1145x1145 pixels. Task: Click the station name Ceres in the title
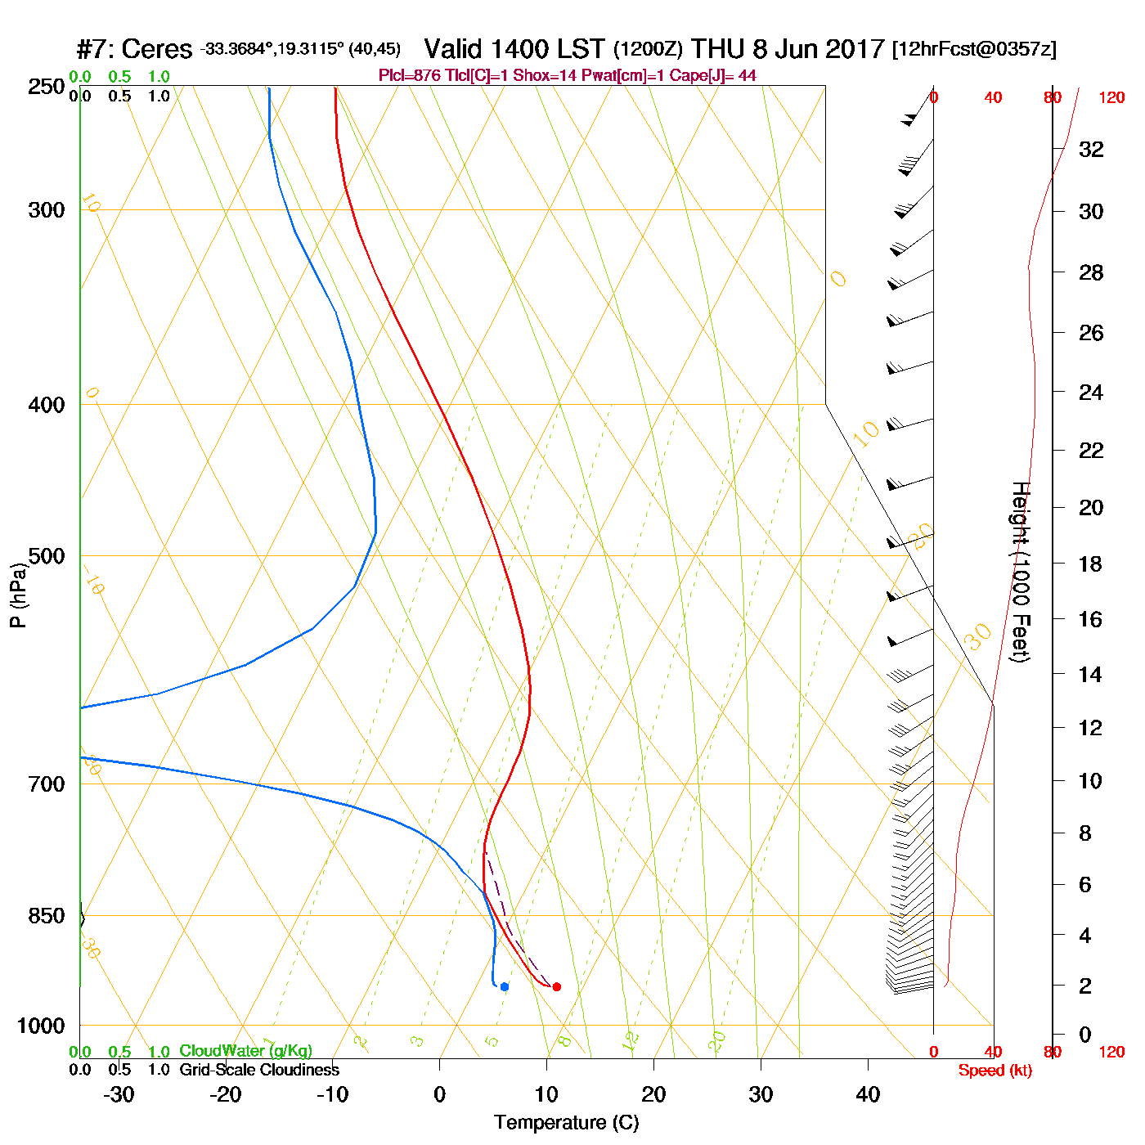[x=156, y=50]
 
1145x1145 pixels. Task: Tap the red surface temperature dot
[x=557, y=986]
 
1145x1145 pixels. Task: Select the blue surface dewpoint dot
[x=505, y=986]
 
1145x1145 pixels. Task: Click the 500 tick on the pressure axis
[x=47, y=556]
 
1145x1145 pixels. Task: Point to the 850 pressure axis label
[x=47, y=916]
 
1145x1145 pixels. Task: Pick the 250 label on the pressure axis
[x=47, y=87]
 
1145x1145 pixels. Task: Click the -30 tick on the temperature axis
[x=119, y=1094]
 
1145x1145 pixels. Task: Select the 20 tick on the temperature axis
[x=653, y=1094]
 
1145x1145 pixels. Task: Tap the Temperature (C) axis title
[x=566, y=1123]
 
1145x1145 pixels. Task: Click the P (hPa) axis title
[x=18, y=595]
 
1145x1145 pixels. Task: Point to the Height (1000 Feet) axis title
[x=1021, y=572]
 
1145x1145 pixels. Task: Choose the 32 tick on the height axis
[x=1091, y=150]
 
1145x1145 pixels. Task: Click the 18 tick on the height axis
[x=1091, y=564]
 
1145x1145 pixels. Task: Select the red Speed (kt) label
[x=995, y=1071]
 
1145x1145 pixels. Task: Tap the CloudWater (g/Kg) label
[x=245, y=1051]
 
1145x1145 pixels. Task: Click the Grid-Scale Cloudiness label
[x=259, y=1070]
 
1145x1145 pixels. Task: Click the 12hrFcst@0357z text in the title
[x=974, y=50]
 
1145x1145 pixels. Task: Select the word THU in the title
[x=718, y=50]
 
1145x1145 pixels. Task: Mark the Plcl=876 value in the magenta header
[x=409, y=76]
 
